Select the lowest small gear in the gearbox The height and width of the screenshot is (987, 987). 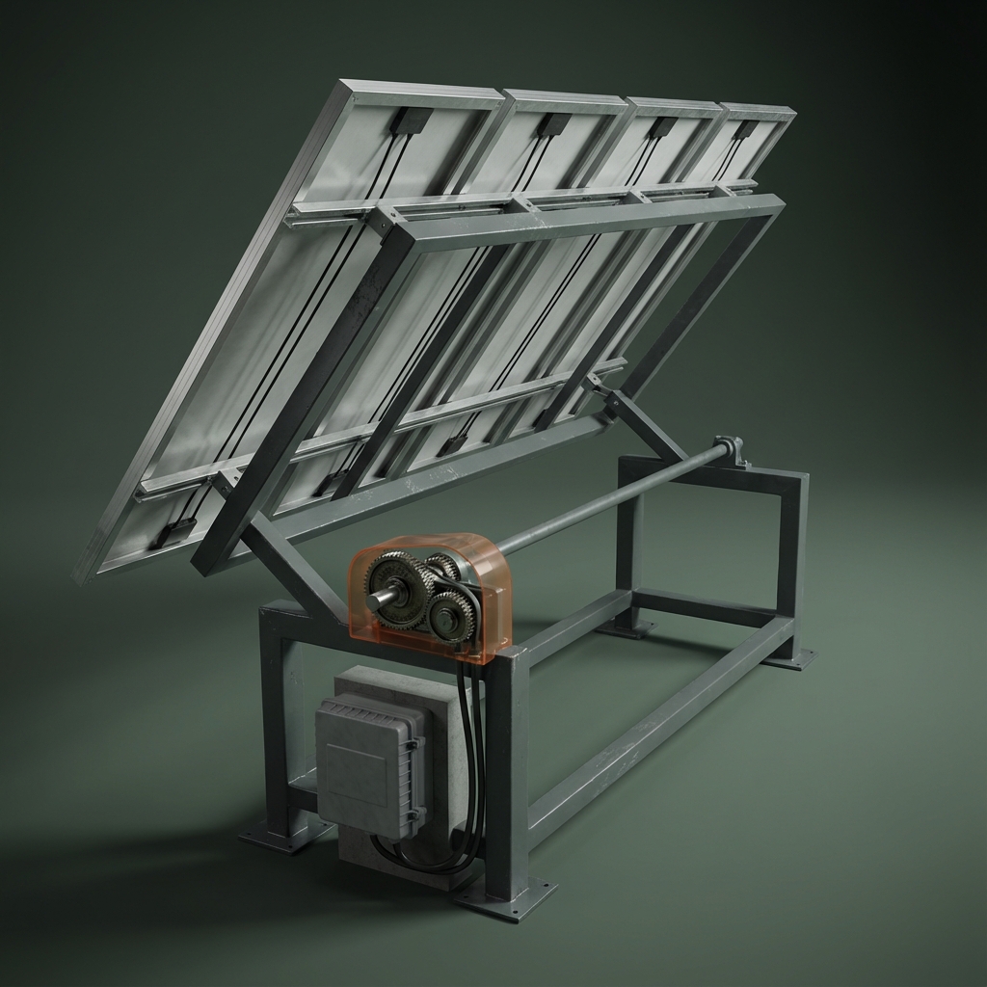(451, 614)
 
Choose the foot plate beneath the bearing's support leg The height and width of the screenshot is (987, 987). (792, 660)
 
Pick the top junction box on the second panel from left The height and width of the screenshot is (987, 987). (554, 124)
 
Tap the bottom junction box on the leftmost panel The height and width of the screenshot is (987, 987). (172, 531)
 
